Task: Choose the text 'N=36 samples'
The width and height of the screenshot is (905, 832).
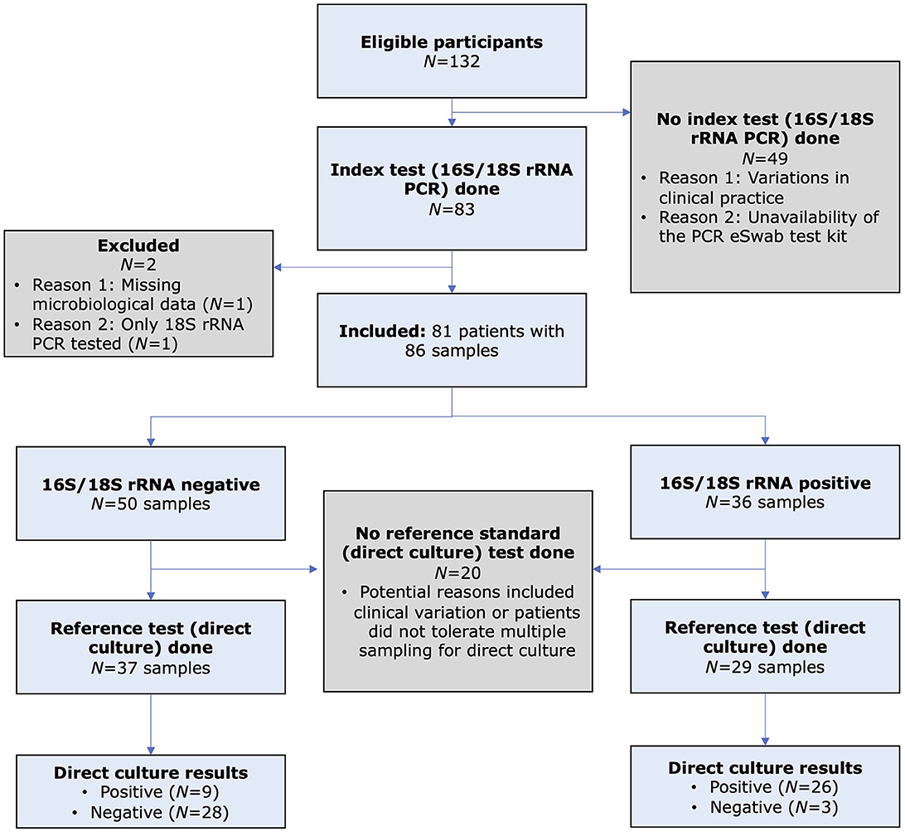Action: tap(765, 503)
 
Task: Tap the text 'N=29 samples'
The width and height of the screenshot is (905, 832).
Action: tap(765, 668)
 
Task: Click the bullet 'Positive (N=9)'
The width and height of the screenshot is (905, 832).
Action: tap(151, 791)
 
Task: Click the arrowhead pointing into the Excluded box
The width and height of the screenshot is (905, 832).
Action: tap(279, 267)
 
